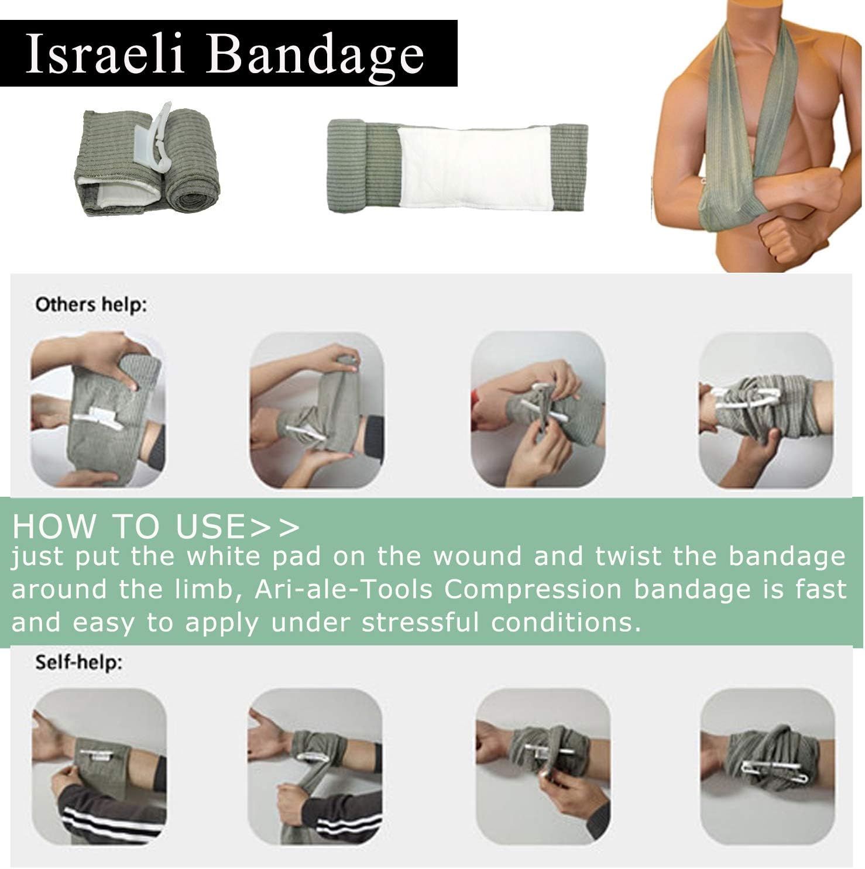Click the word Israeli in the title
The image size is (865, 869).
105,54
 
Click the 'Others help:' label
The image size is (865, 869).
91,305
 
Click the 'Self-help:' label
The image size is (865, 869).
79,662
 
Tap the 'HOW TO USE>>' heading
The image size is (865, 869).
156,525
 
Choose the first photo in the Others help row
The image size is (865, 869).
97,410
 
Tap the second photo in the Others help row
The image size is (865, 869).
317,410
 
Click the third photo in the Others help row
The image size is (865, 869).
538,410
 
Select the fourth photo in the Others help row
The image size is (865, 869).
766,410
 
